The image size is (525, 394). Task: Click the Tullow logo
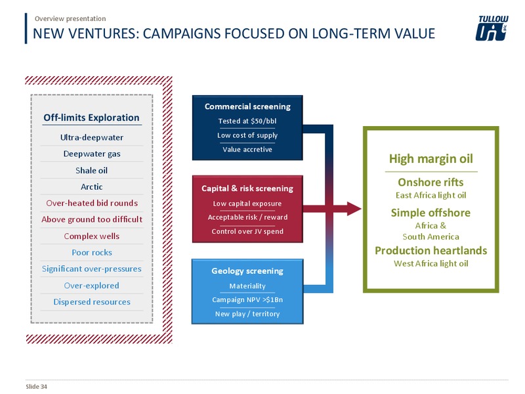pos(492,28)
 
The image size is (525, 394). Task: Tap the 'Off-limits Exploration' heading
pos(91,118)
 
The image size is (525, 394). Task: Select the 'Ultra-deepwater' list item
pos(92,137)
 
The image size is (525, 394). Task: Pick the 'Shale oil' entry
pos(91,171)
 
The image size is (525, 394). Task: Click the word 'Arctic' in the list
pos(91,186)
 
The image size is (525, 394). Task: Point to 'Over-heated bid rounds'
pos(92,203)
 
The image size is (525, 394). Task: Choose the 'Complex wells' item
pos(91,236)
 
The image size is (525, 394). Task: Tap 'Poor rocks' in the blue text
pos(92,253)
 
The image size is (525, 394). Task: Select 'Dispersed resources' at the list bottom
pos(92,302)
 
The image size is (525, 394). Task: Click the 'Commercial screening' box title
pos(247,106)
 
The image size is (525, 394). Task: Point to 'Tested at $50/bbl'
pos(247,121)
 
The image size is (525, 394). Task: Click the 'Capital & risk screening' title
pos(247,188)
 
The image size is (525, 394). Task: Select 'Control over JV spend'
pos(247,232)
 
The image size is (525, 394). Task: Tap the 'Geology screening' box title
pos(247,271)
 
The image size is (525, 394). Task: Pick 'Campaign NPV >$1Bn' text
pos(247,300)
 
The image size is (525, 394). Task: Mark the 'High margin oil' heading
pos(431,159)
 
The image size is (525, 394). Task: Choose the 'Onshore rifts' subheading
pos(431,183)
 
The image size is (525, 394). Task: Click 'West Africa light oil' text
pos(431,264)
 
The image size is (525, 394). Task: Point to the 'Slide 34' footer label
pos(37,387)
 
